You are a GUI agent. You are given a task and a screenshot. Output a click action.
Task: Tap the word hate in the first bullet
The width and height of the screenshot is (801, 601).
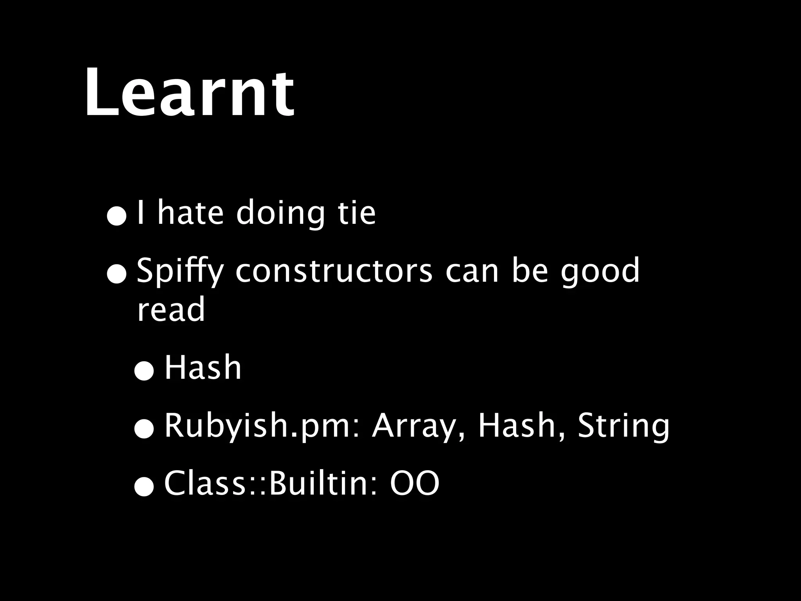point(190,213)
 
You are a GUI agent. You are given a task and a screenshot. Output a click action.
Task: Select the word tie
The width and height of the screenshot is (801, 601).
point(356,213)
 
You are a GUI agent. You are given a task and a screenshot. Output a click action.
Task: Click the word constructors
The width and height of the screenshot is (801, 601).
point(334,271)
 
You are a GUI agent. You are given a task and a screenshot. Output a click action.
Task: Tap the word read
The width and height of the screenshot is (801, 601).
point(171,309)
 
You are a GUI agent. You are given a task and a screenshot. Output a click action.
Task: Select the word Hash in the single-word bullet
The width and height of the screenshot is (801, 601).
point(203,368)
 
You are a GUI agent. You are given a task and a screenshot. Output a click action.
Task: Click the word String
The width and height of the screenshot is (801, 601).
point(623,426)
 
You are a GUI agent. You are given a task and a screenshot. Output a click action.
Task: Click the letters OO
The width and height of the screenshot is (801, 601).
point(415,484)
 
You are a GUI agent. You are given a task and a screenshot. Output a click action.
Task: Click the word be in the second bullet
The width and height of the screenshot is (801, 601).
point(530,271)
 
